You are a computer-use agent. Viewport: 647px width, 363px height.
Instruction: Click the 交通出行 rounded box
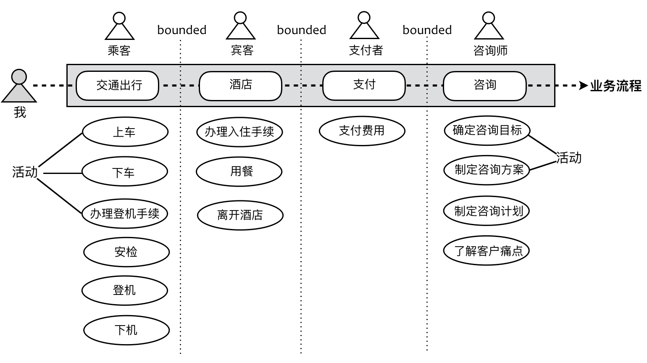coord(117,86)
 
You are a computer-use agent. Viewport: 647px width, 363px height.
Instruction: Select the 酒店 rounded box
coord(240,86)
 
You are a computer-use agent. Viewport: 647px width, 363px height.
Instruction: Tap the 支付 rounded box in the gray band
coord(364,86)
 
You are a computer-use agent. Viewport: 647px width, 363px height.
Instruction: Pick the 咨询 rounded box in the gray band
coord(485,86)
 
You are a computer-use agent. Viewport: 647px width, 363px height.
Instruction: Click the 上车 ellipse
coord(125,132)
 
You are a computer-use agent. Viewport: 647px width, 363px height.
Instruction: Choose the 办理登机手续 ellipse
coord(125,213)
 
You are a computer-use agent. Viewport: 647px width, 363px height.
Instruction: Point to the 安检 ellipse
coord(126,252)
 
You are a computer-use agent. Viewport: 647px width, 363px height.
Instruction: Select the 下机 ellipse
coord(126,330)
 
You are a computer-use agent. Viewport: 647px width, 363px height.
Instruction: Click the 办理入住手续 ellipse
coord(239,132)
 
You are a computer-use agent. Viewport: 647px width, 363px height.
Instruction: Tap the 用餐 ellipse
coord(239,171)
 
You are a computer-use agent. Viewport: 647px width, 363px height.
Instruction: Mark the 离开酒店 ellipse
coord(240,215)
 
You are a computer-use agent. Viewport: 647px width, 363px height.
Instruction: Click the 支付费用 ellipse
coord(362,131)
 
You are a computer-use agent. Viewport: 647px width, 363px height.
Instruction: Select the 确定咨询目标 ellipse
coord(487,130)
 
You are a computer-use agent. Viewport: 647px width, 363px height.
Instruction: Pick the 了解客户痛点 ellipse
coord(487,251)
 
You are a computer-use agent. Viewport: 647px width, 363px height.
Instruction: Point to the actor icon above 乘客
coord(119,26)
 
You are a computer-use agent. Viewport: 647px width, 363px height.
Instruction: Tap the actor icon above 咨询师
coord(489,26)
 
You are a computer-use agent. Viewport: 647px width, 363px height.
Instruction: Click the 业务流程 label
coord(616,86)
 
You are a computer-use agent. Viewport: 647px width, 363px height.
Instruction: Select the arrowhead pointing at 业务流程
coord(583,86)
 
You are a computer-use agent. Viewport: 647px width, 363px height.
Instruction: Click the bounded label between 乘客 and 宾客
coord(182,30)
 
